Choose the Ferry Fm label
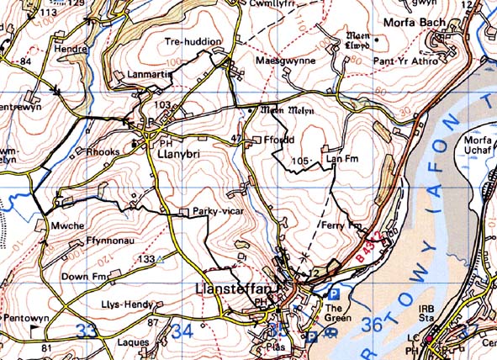348,225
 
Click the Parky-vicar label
218,211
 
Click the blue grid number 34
182,331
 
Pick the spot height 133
147,259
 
